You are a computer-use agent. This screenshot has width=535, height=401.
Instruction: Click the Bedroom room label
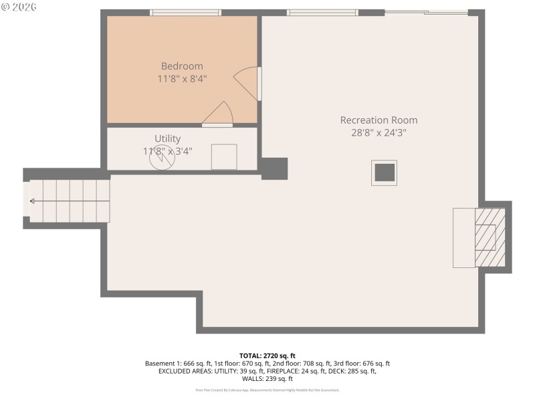pos(182,66)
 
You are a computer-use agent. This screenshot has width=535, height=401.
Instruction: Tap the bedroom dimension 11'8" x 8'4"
pos(182,79)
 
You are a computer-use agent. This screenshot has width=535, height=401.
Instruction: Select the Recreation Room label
pos(379,120)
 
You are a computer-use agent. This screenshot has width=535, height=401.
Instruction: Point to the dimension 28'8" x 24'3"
pos(379,132)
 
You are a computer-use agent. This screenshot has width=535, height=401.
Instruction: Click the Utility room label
pos(167,138)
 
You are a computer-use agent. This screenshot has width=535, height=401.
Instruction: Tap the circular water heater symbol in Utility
pos(161,158)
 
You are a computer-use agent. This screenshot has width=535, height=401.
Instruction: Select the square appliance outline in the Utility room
pos(224,156)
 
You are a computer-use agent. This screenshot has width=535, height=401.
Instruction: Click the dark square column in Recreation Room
pos(385,172)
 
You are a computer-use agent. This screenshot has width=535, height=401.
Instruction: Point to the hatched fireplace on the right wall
pos(490,237)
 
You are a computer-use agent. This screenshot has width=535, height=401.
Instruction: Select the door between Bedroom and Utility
pos(218,116)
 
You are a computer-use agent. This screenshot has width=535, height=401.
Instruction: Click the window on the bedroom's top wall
pos(185,12)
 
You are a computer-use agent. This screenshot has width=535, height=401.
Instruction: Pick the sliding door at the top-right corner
pos(426,12)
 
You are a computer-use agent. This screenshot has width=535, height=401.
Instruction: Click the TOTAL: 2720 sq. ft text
pos(267,356)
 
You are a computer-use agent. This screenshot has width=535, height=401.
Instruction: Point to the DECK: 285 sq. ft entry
pos(354,371)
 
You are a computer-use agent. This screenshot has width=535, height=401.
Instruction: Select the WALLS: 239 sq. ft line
pos(267,379)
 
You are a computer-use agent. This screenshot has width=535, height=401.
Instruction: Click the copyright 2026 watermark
pos(20,7)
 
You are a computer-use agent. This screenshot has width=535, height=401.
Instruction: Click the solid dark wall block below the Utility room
pos(274,168)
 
